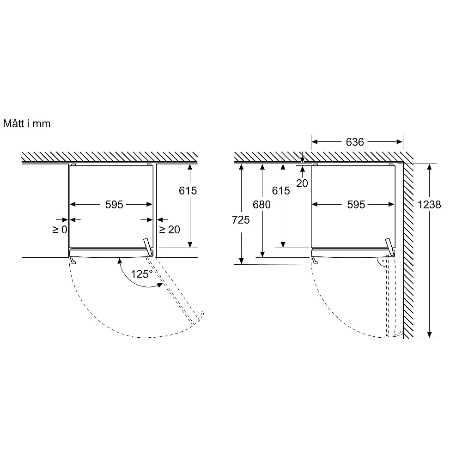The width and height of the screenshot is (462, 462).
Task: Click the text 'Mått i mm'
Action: tap(27, 123)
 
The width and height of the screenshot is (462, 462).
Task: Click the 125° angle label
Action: tap(142, 274)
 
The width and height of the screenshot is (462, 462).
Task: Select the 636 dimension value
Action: tap(355, 142)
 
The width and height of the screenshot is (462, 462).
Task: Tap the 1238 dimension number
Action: tap(429, 205)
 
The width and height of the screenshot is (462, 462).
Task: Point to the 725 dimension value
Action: tap(241, 220)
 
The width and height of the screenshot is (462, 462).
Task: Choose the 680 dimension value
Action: tap(261, 205)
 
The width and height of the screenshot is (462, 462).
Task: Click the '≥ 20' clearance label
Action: tap(170, 230)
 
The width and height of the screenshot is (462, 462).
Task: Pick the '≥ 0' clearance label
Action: tap(60, 230)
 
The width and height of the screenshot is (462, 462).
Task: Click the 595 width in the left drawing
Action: tap(114, 205)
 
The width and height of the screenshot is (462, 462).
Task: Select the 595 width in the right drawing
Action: tap(356, 205)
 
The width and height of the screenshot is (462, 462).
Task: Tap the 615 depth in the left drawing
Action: tap(188, 191)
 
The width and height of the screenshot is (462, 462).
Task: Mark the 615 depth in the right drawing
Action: tap(281, 191)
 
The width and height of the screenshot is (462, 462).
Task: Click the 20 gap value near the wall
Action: tap(302, 183)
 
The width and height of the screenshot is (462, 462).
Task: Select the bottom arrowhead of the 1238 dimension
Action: tap(429, 334)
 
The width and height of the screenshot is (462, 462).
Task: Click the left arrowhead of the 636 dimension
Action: tap(314, 142)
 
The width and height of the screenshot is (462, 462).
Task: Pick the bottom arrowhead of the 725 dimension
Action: tap(241, 261)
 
